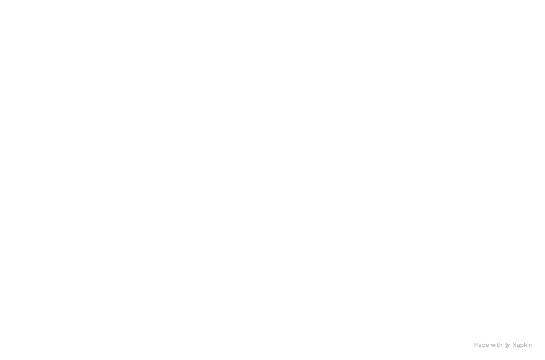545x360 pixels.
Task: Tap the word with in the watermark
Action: [x=496, y=345]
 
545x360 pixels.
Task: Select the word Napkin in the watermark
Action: [x=522, y=345]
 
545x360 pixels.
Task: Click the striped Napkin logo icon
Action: [x=508, y=345]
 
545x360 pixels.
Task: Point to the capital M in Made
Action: [x=475, y=345]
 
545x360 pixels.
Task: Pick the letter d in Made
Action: [x=484, y=345]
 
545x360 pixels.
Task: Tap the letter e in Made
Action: [x=487, y=346]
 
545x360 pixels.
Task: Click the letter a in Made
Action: [x=480, y=346]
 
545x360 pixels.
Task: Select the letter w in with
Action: [x=492, y=346]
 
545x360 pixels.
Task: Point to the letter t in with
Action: [x=497, y=345]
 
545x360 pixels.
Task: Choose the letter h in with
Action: [x=501, y=345]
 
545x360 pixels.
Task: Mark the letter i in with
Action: [x=495, y=345]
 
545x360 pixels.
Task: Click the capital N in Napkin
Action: [x=514, y=345]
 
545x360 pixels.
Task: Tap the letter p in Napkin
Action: [x=522, y=346]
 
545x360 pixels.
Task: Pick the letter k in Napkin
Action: [x=526, y=345]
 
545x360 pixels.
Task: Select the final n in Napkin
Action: [x=531, y=346]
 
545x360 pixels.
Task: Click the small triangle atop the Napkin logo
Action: [x=506, y=343]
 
